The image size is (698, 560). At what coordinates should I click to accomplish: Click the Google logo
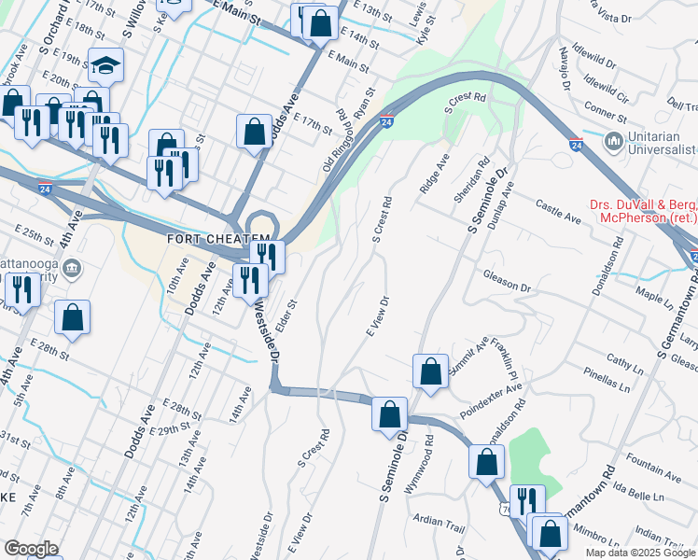coord(32,549)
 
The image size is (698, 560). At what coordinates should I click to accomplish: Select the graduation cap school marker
coord(105,65)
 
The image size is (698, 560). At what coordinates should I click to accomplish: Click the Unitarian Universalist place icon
coord(614,142)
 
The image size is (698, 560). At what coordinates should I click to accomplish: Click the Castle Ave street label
coord(559,211)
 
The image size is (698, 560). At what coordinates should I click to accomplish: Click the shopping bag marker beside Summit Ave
coord(429,371)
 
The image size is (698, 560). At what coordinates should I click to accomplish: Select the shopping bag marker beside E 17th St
coord(254,132)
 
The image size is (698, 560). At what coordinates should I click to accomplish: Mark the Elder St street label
coord(285,316)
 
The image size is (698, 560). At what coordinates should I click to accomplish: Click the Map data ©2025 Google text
coord(639,553)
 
